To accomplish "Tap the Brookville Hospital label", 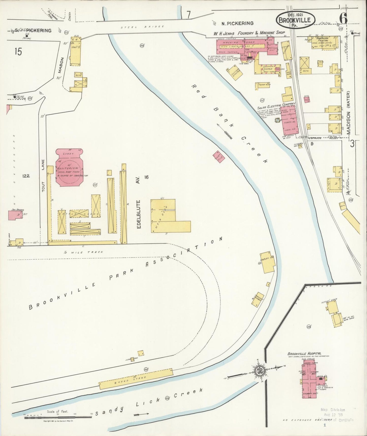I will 304,353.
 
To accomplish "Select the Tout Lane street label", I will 43,176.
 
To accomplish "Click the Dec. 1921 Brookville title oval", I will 296,19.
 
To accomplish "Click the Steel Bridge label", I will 142,26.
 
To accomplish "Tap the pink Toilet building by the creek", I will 218,157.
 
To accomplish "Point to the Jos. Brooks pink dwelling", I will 14,215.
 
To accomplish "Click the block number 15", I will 18,52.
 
